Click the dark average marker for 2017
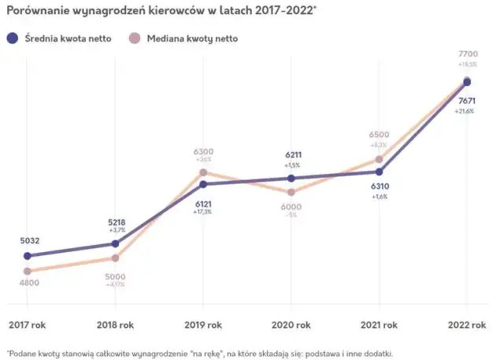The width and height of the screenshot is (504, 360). coord(28,256)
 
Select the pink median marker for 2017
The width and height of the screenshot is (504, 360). coord(28,271)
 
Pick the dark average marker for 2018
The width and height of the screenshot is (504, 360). coord(116,243)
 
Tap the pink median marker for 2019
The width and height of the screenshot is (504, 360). coord(203,172)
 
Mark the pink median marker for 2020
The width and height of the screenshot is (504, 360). coord(291,192)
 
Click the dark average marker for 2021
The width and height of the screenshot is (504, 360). coord(380,172)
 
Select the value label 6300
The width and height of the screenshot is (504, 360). coord(203,151)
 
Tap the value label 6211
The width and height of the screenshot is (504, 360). coord(291,156)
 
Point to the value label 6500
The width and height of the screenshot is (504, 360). coord(379,135)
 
